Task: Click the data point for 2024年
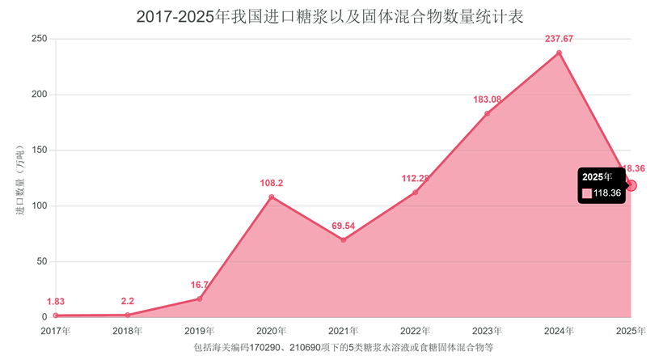tap(559, 53)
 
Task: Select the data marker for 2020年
tap(271, 197)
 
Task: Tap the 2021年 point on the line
tap(343, 240)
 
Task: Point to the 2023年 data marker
tap(487, 114)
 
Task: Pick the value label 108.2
tap(271, 183)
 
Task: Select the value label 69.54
tap(343, 225)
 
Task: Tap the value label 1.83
tap(55, 301)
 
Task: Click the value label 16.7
tap(200, 285)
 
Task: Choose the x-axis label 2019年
tap(200, 331)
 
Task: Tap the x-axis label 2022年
tap(415, 331)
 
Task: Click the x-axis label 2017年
tap(55, 331)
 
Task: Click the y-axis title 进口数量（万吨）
tap(19, 179)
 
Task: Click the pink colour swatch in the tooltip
tap(587, 193)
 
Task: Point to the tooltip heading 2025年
tap(598, 176)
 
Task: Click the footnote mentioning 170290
tap(343, 347)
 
